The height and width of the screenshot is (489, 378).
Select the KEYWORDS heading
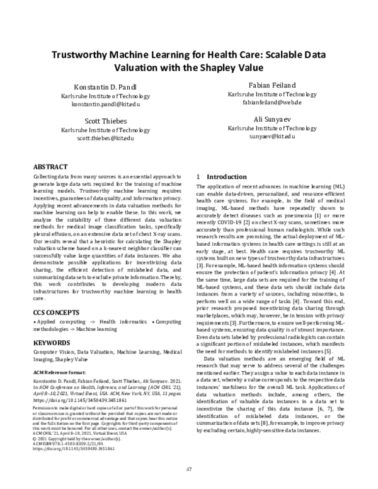[x=51, y=343]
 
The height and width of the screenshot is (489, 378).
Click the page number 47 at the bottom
[x=189, y=469]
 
